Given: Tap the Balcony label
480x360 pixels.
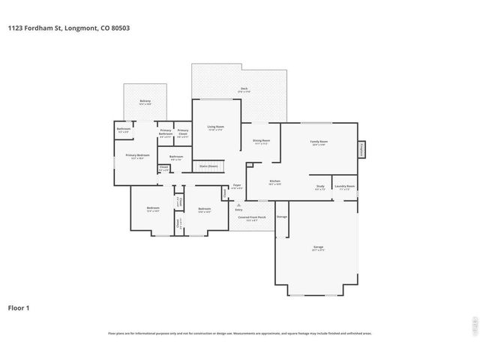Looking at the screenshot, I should [x=145, y=101].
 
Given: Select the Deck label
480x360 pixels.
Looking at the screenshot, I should [x=244, y=89].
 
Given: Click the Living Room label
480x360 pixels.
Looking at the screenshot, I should [x=216, y=127].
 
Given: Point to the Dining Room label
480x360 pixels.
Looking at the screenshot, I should [x=261, y=141].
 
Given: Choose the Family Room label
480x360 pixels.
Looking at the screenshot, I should [x=319, y=142].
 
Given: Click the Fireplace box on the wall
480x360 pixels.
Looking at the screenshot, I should [x=361, y=149].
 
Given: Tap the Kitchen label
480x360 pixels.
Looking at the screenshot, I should [x=274, y=181].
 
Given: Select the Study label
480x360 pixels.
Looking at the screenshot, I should [x=319, y=187].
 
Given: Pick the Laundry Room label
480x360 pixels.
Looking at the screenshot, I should [x=345, y=187].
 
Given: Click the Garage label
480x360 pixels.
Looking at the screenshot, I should [x=318, y=247].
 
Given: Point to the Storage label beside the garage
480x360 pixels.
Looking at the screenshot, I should [x=281, y=217].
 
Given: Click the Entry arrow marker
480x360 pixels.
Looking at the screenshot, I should [x=238, y=204].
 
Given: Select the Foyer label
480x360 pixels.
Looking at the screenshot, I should [x=236, y=185].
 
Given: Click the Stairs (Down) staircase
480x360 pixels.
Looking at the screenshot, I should [x=208, y=166].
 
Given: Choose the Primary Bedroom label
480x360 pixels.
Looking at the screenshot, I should [x=137, y=156].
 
